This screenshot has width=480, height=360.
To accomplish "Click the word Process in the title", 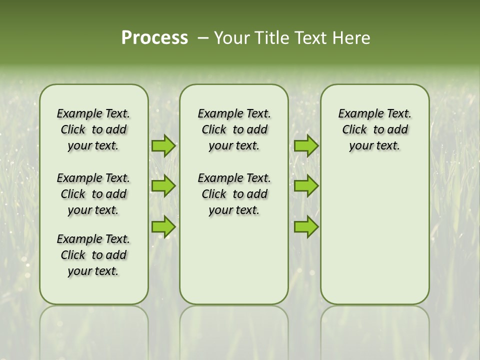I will (x=154, y=37).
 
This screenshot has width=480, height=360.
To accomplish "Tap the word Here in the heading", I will (x=352, y=37).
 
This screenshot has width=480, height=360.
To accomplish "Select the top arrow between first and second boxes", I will (x=163, y=145).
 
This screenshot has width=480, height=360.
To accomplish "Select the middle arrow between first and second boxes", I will (x=163, y=186).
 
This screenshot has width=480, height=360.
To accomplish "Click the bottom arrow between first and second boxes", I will (x=163, y=226).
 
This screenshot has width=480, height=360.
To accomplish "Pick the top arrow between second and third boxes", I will (x=306, y=145).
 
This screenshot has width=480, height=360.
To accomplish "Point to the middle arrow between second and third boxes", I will (x=306, y=186).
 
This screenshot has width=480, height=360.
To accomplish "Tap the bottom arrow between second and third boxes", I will (x=306, y=226).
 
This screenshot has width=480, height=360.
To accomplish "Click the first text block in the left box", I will (x=93, y=129).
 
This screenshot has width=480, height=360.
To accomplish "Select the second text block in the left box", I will (x=93, y=194).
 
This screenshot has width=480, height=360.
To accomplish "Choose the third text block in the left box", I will (x=93, y=255).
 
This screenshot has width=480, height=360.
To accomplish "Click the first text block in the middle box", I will (x=234, y=129).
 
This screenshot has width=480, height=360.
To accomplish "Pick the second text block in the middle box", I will (x=234, y=194).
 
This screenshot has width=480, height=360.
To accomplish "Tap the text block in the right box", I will (x=374, y=129).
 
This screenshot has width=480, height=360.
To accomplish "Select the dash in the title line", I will (x=202, y=37).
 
